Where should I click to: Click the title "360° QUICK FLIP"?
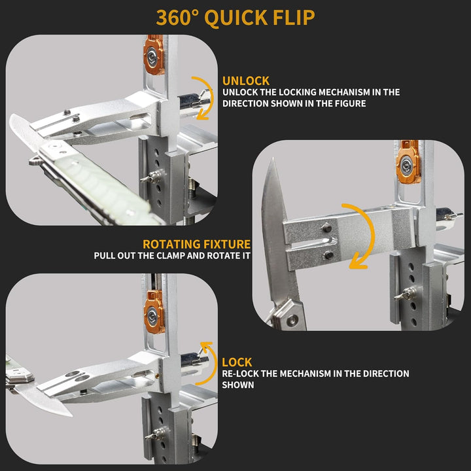pyautogui.click(x=235, y=18)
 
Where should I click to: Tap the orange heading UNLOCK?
pyautogui.click(x=246, y=81)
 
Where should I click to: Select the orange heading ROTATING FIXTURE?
pyautogui.click(x=196, y=244)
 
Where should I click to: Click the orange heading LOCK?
pyautogui.click(x=237, y=362)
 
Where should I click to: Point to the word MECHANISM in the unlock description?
pyautogui.click(x=339, y=92)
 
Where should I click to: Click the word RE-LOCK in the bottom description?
pyautogui.click(x=240, y=374)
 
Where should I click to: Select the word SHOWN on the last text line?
pyautogui.click(x=238, y=385)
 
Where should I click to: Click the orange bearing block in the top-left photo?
pyautogui.click(x=154, y=55)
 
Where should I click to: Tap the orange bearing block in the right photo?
pyautogui.click(x=408, y=162)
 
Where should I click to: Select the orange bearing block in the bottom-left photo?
pyautogui.click(x=154, y=313)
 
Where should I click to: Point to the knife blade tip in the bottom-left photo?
pyautogui.click(x=71, y=415)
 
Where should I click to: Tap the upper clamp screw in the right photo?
pyautogui.click(x=327, y=228)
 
